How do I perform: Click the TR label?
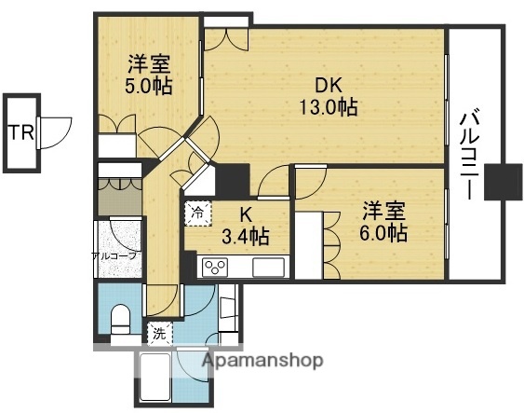click(20, 131)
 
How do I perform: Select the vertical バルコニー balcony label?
click(469, 155)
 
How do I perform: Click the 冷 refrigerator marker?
click(196, 213)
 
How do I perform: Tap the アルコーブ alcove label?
click(114, 255)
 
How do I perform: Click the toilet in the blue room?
click(119, 323)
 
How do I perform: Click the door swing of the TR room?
click(54, 131)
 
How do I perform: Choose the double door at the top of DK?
click(227, 38)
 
